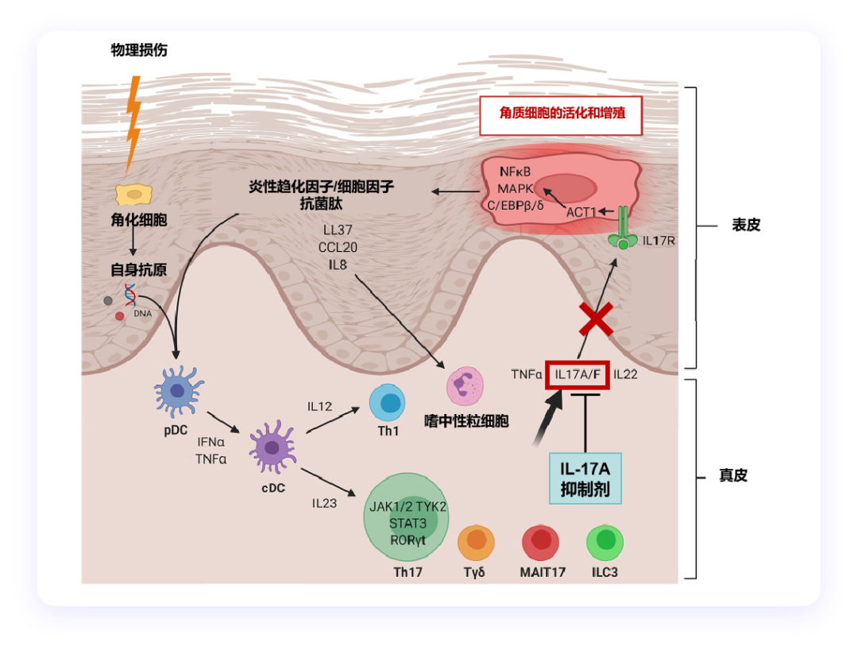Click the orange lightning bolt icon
point(134,123)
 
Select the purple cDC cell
point(272,450)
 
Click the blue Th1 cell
point(388,404)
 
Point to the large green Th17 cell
point(407,517)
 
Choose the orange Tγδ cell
point(477,541)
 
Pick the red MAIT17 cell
point(543,542)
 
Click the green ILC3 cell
point(605,541)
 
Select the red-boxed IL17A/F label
point(578,373)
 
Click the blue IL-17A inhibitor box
point(585,478)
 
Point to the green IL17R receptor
point(624,231)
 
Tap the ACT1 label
point(581,212)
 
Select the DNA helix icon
point(130,296)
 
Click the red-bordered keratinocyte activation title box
point(560,113)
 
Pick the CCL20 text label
point(340,247)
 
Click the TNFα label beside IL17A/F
point(527,373)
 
